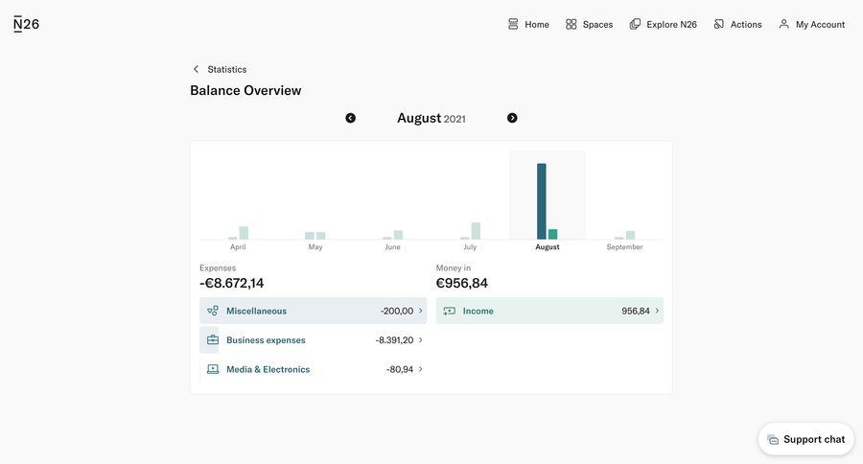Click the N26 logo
(x=27, y=24)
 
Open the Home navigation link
(x=528, y=24)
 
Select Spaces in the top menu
(x=589, y=24)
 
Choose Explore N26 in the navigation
(x=663, y=24)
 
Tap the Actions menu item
(x=737, y=24)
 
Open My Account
(x=811, y=24)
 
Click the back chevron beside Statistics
(x=196, y=69)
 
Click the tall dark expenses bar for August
(x=542, y=201)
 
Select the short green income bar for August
(x=553, y=234)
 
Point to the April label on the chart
(x=238, y=247)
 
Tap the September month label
(x=624, y=247)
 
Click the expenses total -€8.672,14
(x=232, y=283)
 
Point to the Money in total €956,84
(x=462, y=283)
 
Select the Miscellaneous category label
(x=256, y=311)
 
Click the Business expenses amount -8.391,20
(x=394, y=340)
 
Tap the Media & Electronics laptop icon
(x=212, y=369)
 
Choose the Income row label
(x=478, y=311)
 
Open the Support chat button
(x=805, y=439)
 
